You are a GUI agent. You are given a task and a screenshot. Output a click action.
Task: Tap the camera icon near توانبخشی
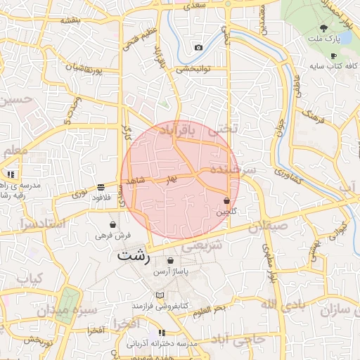click(198, 48)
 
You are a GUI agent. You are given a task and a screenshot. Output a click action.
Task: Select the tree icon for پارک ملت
click(322, 28)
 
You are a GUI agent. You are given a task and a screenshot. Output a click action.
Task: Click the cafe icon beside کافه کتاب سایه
click(333, 56)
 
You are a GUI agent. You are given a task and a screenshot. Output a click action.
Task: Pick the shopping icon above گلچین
click(226, 201)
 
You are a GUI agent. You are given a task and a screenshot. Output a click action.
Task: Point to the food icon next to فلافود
click(101, 188)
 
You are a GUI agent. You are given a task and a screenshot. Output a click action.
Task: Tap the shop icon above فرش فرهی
click(112, 224)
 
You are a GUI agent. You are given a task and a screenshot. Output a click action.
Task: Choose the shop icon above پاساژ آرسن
click(170, 260)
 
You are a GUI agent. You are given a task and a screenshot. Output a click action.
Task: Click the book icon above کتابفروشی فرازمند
click(160, 295)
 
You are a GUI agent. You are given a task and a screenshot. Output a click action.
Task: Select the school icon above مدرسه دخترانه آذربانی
click(162, 333)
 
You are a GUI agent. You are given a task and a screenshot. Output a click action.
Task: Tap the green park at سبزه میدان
click(67, 304)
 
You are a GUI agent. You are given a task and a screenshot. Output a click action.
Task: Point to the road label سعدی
click(198, 6)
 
